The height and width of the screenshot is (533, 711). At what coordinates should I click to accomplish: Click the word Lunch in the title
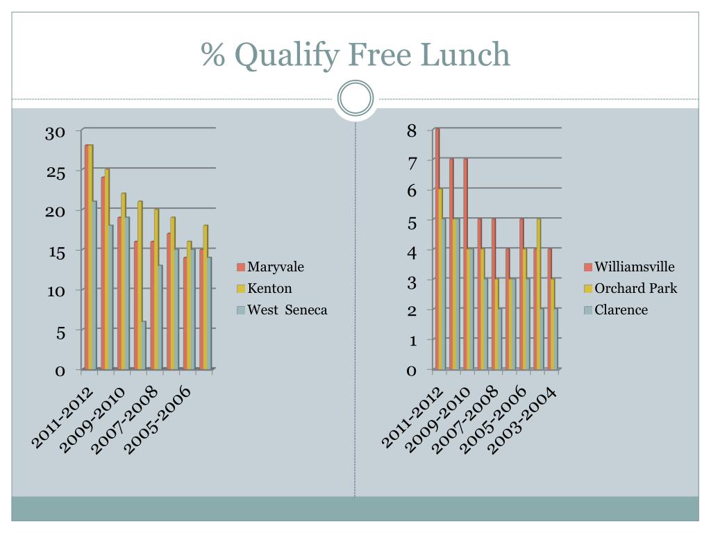(x=465, y=54)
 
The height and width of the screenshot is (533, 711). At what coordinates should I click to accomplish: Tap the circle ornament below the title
(x=355, y=98)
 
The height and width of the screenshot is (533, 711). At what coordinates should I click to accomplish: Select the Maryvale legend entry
(x=270, y=266)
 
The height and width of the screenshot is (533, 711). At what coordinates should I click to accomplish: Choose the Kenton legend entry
(x=265, y=288)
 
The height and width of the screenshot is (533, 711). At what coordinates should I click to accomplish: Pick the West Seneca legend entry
(x=282, y=310)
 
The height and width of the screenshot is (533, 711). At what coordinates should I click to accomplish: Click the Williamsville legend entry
(x=629, y=266)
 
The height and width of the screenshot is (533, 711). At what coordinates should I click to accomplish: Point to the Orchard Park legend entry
(x=630, y=288)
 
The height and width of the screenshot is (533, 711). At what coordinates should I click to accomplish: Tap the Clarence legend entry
(x=617, y=310)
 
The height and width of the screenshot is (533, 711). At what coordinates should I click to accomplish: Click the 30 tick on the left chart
(x=55, y=133)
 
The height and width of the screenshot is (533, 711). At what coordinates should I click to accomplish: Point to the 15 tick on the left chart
(x=57, y=253)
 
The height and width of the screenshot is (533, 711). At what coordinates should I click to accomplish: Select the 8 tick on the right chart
(x=412, y=131)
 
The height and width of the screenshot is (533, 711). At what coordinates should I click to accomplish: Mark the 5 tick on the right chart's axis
(x=412, y=222)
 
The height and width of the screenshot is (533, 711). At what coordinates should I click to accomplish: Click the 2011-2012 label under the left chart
(x=62, y=417)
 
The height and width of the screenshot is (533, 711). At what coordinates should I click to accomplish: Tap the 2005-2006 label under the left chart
(x=158, y=420)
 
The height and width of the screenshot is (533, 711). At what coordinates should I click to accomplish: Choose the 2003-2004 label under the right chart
(x=522, y=421)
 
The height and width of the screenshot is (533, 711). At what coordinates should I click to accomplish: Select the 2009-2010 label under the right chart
(x=437, y=420)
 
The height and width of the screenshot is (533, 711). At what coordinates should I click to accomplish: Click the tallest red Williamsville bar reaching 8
(x=437, y=249)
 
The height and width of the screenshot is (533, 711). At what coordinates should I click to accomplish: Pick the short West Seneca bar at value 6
(x=144, y=346)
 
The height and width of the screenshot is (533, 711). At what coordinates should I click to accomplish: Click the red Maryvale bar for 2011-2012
(x=87, y=257)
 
